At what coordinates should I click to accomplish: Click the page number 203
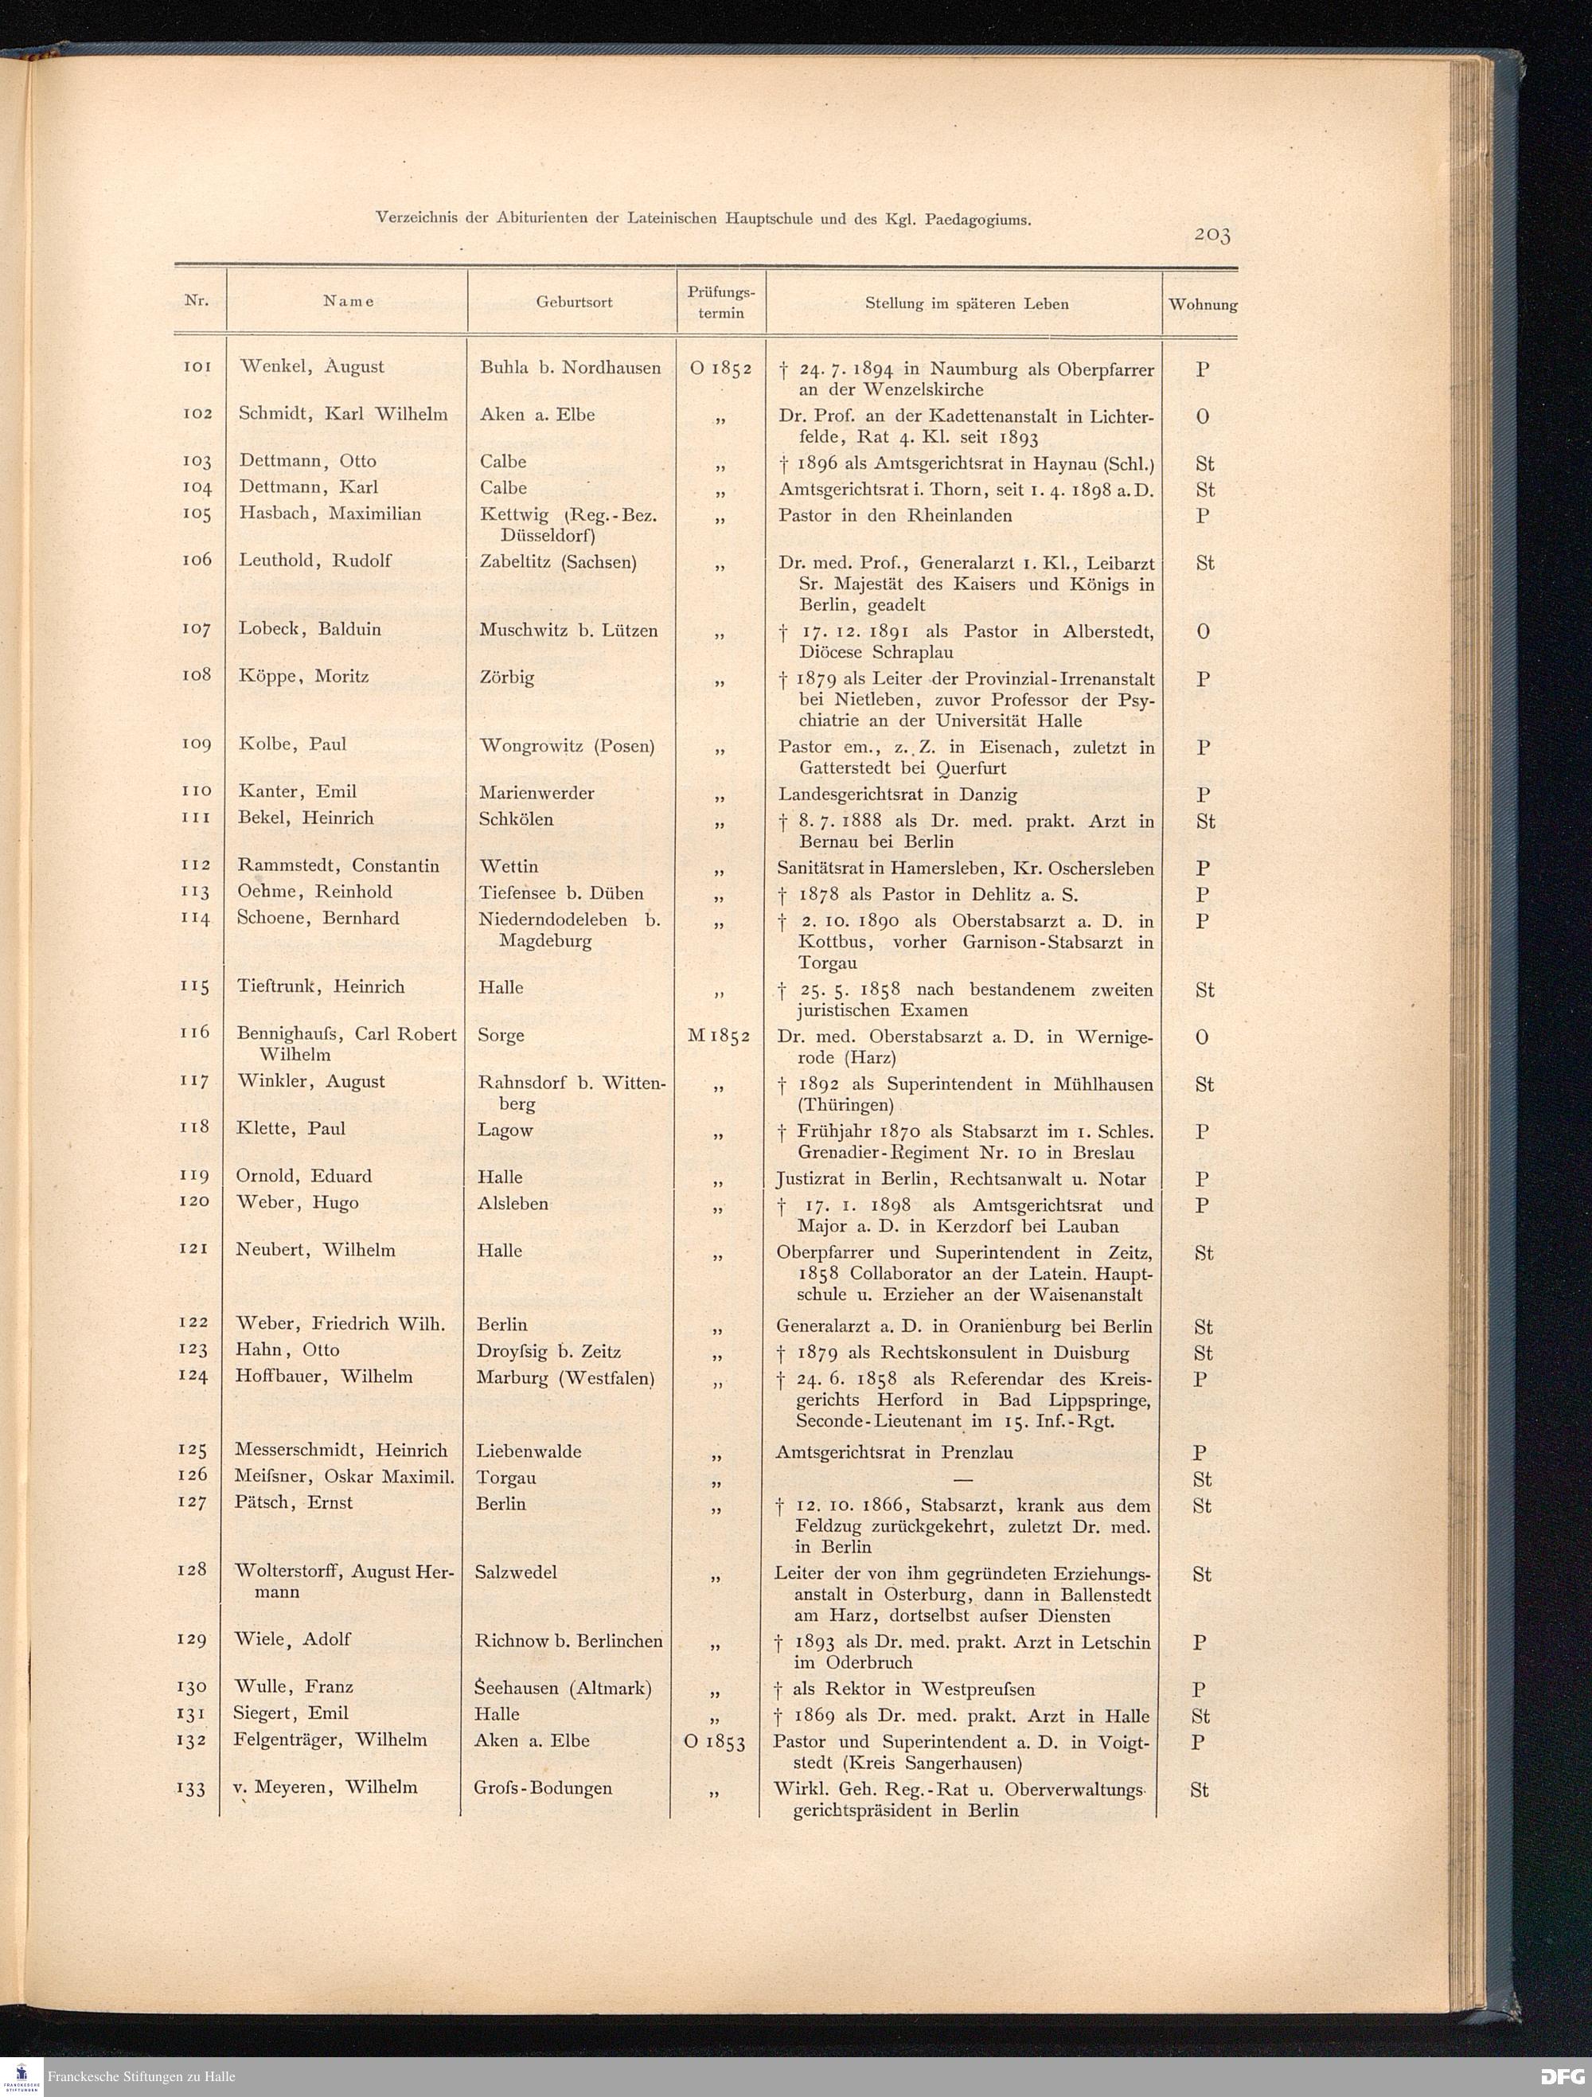point(1212,234)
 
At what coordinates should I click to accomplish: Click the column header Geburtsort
point(574,303)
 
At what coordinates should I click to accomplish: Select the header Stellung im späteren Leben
point(966,304)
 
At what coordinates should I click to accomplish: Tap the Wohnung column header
point(1203,305)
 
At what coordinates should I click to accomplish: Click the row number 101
point(196,366)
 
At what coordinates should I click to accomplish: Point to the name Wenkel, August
point(312,367)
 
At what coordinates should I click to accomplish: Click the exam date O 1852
point(720,369)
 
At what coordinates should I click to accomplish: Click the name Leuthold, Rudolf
point(314,560)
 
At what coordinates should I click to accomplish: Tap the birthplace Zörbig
point(507,677)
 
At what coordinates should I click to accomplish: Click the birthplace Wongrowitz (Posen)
point(567,745)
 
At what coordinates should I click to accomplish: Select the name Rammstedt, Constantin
point(338,865)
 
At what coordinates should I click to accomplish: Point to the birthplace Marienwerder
point(537,792)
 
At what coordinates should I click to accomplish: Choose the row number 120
point(193,1202)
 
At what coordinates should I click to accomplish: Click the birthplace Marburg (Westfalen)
point(565,1377)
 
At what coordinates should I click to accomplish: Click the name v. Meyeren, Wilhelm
point(325,1787)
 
